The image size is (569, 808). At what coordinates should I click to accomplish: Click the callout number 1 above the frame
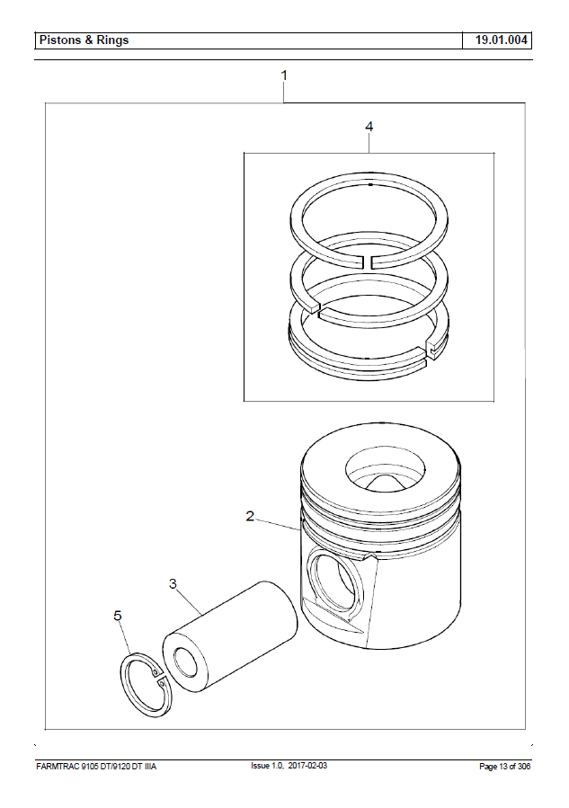[x=283, y=75]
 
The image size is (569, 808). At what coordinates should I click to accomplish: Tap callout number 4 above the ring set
[x=369, y=126]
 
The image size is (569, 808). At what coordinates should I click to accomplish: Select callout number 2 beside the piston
[x=250, y=516]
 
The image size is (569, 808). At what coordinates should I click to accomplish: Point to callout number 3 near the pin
[x=173, y=583]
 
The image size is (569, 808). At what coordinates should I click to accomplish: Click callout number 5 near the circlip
[x=118, y=616]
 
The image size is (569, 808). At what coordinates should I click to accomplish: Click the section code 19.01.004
[x=501, y=40]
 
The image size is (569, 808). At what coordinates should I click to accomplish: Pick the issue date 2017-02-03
[x=307, y=765]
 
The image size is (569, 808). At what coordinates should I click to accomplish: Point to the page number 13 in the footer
[x=502, y=767]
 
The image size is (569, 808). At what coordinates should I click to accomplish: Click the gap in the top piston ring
[x=369, y=262]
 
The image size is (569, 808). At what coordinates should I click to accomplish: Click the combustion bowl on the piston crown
[x=385, y=469]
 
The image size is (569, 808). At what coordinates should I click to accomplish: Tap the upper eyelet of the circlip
[x=155, y=671]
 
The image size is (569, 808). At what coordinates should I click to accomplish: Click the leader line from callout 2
[x=277, y=525]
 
